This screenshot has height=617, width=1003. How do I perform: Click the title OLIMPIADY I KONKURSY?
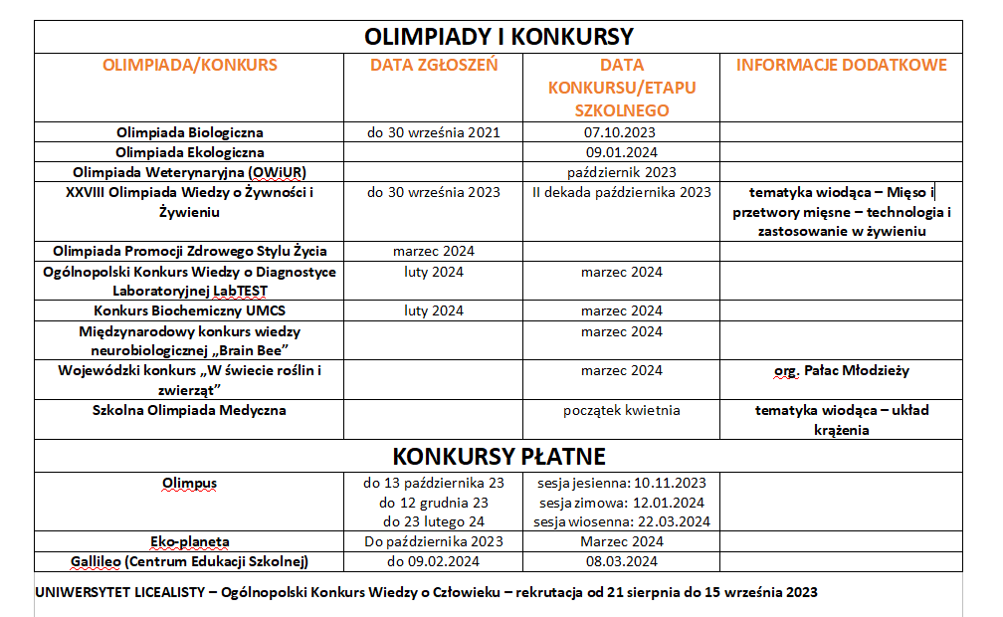pyautogui.click(x=499, y=37)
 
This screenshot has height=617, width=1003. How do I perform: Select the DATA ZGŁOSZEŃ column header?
pyautogui.click(x=433, y=66)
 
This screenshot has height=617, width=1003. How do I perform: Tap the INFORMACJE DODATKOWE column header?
pyautogui.click(x=841, y=66)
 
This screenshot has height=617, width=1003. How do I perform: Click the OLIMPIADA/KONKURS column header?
pyautogui.click(x=189, y=66)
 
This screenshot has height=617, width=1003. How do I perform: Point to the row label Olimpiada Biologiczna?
pyautogui.click(x=189, y=132)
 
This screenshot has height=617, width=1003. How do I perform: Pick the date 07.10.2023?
pyautogui.click(x=621, y=132)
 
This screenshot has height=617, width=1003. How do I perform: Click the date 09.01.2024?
pyautogui.click(x=621, y=152)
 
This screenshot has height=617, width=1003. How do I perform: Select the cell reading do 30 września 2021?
pyautogui.click(x=433, y=132)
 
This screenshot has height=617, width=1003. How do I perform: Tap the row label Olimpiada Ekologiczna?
pyautogui.click(x=189, y=152)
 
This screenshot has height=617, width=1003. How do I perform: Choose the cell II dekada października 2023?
pyautogui.click(x=621, y=192)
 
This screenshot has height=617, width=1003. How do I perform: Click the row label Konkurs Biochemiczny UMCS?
pyautogui.click(x=189, y=311)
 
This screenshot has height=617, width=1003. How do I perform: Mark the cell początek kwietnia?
pyautogui.click(x=621, y=410)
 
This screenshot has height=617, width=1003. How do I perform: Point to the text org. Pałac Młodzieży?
pyautogui.click(x=841, y=371)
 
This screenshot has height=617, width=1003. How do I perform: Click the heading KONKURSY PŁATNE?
pyautogui.click(x=499, y=456)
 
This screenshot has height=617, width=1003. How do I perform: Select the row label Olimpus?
pyautogui.click(x=189, y=484)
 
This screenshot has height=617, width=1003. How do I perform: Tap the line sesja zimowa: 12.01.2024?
pyautogui.click(x=621, y=503)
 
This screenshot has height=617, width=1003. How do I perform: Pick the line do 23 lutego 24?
pyautogui.click(x=433, y=521)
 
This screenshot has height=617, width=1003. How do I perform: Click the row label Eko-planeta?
pyautogui.click(x=189, y=542)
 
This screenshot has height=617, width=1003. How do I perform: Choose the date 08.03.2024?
pyautogui.click(x=621, y=562)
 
